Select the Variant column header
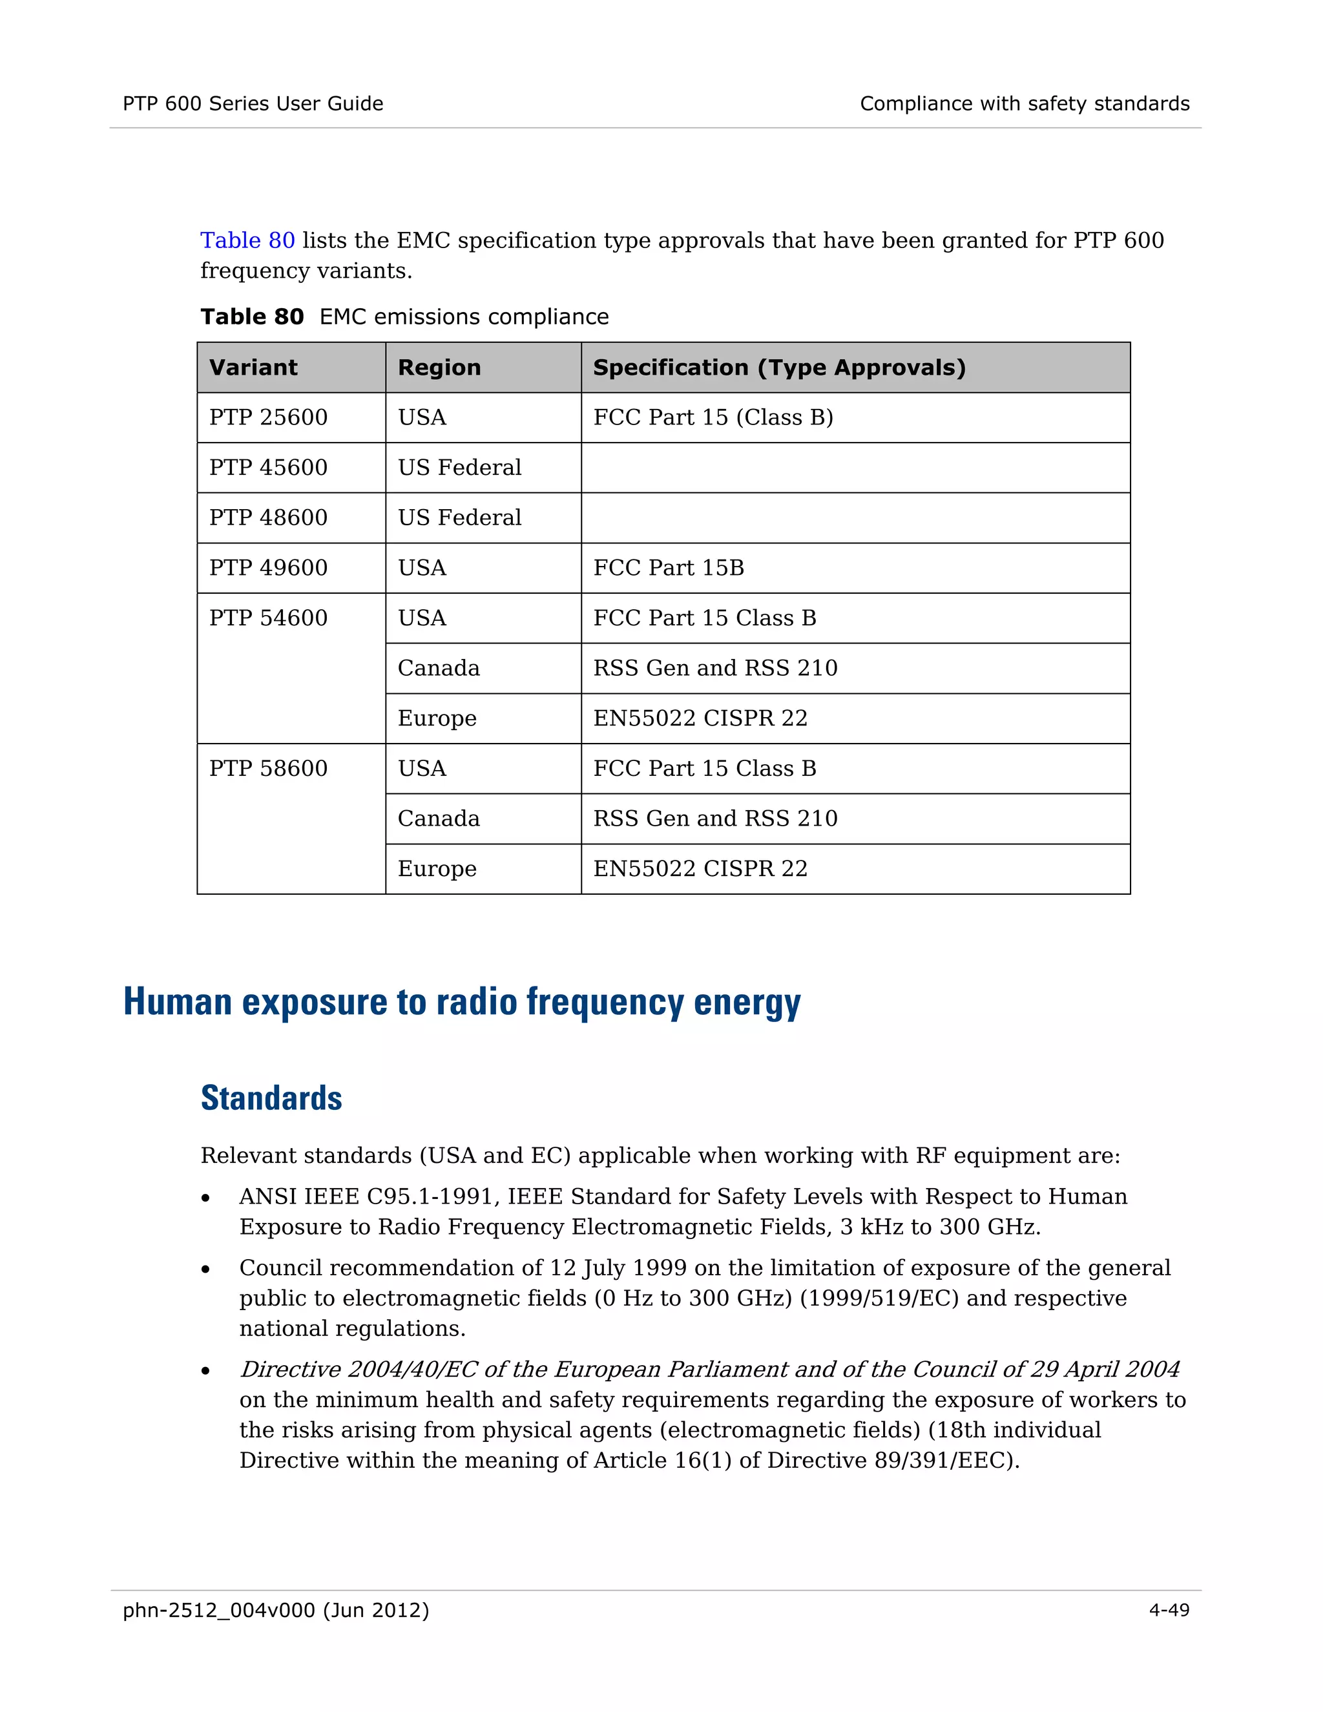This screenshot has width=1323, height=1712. coord(253,368)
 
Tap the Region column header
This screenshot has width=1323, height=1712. coord(439,368)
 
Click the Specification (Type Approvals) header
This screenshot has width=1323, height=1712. coord(778,368)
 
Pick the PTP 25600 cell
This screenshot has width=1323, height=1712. coord(268,417)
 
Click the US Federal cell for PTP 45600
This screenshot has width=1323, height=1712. coord(459,467)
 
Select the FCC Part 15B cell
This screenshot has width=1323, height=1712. coord(668,567)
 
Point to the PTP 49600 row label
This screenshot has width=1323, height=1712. coord(268,567)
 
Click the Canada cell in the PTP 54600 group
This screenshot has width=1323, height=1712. coord(438,668)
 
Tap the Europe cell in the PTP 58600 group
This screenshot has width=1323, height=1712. coord(437,868)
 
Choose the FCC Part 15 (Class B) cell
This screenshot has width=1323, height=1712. coord(713,417)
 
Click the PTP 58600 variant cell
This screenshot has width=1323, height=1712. coord(268,768)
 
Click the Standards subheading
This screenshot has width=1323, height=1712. coord(271,1098)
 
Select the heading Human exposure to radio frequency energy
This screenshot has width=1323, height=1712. coord(462,1002)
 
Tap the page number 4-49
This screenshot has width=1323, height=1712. coord(1169,1609)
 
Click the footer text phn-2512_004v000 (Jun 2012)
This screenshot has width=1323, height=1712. coord(276,1609)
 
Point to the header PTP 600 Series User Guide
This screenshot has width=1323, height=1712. coord(253,103)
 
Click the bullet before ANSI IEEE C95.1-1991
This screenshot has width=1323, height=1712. coord(205,1198)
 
